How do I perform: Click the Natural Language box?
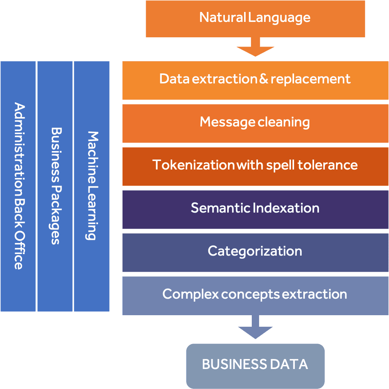click(x=255, y=18)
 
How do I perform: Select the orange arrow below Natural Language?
click(x=255, y=48)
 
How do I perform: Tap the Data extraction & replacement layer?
click(x=255, y=80)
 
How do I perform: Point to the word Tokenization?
click(x=193, y=165)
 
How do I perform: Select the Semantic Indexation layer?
click(x=255, y=209)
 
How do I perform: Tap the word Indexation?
click(x=286, y=208)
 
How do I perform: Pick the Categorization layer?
click(x=255, y=252)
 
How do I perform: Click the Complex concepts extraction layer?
click(x=255, y=295)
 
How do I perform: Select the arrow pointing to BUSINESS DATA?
click(x=255, y=327)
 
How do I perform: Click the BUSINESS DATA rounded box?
click(x=255, y=365)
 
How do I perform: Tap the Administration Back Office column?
click(x=18, y=186)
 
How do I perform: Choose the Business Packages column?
click(x=55, y=186)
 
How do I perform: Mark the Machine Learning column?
click(x=91, y=186)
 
